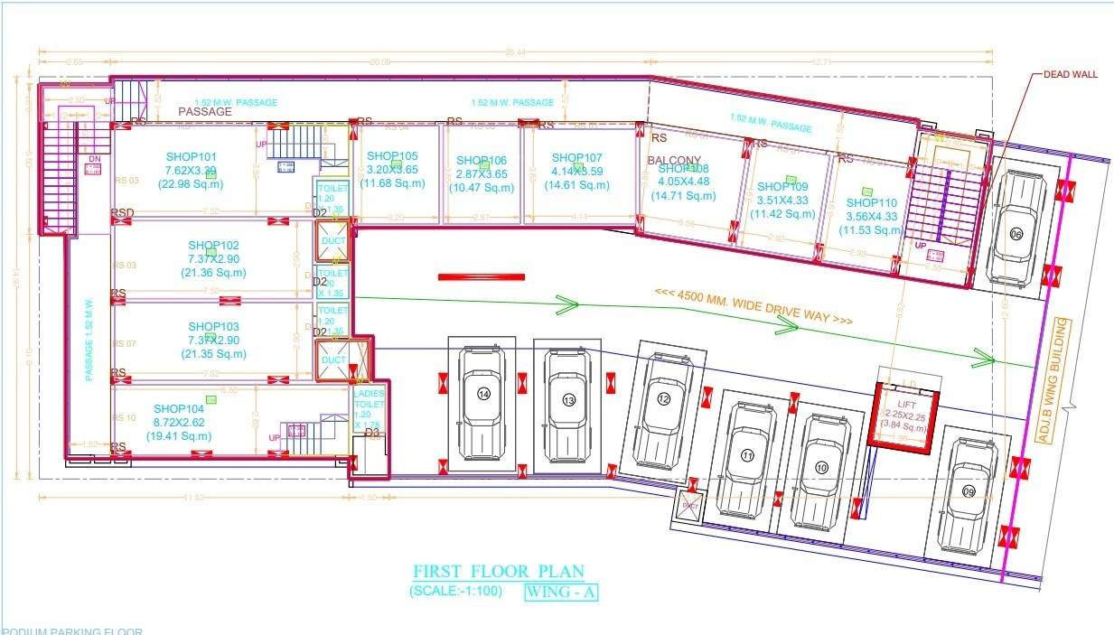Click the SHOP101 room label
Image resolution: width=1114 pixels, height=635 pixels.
(x=192, y=156)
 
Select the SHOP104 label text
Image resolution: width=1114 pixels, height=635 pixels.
(x=179, y=408)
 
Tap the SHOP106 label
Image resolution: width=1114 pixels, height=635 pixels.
(x=482, y=160)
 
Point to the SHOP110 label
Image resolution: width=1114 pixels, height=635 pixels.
(x=872, y=203)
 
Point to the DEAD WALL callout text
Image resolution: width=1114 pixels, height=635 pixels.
(x=1071, y=74)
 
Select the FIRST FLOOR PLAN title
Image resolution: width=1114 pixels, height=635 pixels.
(x=498, y=572)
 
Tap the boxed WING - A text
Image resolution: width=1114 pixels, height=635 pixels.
(x=562, y=593)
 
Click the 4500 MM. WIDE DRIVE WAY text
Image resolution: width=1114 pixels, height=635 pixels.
(x=754, y=306)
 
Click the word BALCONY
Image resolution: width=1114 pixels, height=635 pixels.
(x=674, y=161)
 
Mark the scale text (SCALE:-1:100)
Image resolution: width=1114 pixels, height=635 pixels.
(x=455, y=593)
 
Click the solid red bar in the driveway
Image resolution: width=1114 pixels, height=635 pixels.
(x=482, y=276)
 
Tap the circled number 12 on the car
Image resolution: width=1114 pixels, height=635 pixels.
(x=664, y=399)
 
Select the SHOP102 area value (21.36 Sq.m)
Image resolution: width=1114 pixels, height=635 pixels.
(x=214, y=272)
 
